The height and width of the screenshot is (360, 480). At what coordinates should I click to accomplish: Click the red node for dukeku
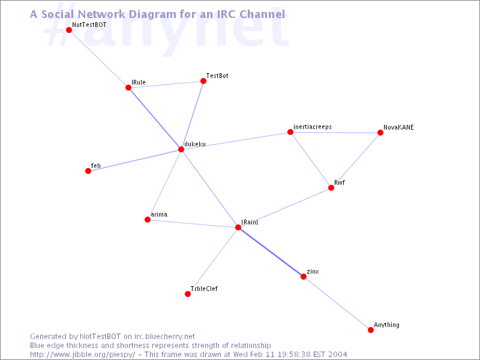[181, 149]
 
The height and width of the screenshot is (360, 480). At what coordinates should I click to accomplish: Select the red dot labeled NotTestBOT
[69, 30]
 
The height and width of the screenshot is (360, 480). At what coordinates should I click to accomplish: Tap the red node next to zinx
[304, 277]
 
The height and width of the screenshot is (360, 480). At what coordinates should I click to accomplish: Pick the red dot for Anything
[371, 330]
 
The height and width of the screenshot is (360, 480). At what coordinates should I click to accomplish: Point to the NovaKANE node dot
[380, 133]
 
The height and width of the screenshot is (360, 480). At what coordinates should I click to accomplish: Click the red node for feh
[88, 171]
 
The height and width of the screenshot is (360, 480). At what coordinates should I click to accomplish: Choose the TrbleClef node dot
[188, 294]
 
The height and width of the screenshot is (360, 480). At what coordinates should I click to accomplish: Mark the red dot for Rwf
[331, 188]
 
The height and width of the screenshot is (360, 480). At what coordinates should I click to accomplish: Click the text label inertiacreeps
[312, 127]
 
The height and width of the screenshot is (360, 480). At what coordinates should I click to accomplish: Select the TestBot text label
[217, 76]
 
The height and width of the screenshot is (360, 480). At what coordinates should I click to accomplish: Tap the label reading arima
[159, 214]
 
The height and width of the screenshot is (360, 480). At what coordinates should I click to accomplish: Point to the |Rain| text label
[250, 222]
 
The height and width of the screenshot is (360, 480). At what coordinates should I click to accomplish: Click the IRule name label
[139, 82]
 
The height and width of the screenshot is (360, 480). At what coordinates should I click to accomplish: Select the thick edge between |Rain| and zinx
[271, 252]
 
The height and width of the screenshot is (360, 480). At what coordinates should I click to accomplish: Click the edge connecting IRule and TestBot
[166, 85]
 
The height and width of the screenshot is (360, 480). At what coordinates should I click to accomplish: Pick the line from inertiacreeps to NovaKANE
[335, 133]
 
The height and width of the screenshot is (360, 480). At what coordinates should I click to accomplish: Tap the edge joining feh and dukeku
[134, 160]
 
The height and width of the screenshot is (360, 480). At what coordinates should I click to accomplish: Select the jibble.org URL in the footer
[82, 355]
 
